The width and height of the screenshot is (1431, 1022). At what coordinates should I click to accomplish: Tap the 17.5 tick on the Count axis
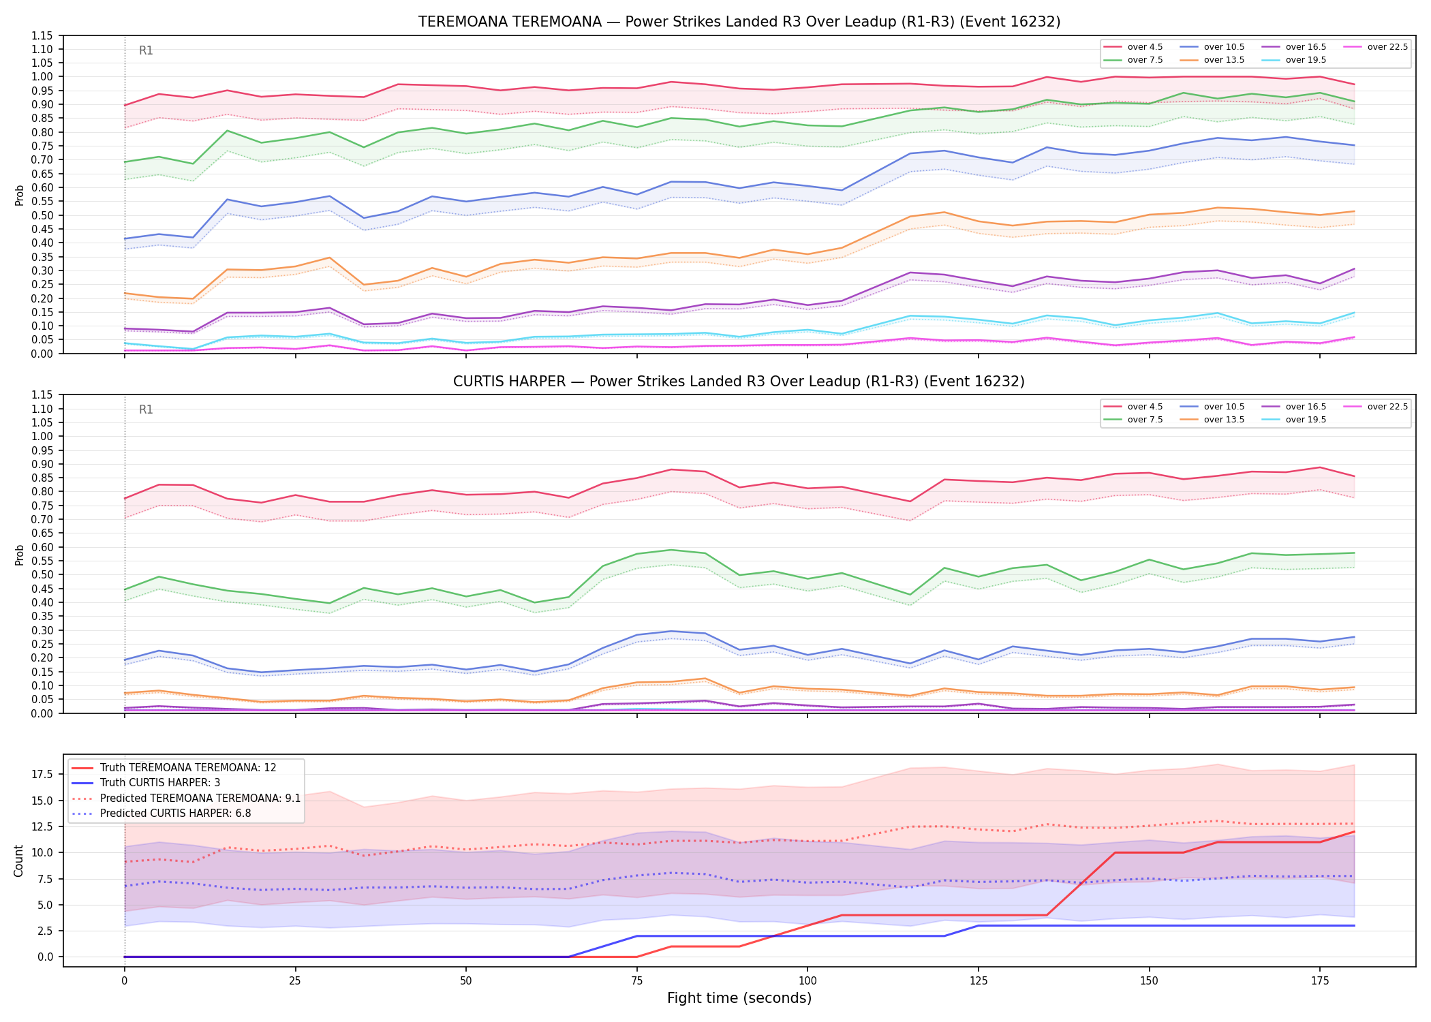tap(42, 774)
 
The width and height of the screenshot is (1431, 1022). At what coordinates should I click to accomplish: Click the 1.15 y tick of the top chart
tap(42, 35)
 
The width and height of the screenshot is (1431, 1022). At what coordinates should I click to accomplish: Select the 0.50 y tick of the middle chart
tap(42, 574)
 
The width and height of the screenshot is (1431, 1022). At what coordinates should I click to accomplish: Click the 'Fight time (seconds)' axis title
tap(739, 998)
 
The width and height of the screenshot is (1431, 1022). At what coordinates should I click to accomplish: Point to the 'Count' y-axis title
tap(18, 861)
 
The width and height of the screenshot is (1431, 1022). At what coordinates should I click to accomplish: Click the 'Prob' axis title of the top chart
tap(19, 195)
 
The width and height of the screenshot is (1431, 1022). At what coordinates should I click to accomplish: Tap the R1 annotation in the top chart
tap(146, 50)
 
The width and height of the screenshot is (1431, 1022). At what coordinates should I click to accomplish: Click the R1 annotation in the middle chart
tap(146, 409)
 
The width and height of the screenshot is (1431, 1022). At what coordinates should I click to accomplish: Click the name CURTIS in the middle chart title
tap(476, 382)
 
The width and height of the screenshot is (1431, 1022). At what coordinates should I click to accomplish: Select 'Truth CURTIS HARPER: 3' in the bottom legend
tap(160, 783)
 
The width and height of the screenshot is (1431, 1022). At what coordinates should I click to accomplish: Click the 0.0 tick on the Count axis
tap(45, 957)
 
